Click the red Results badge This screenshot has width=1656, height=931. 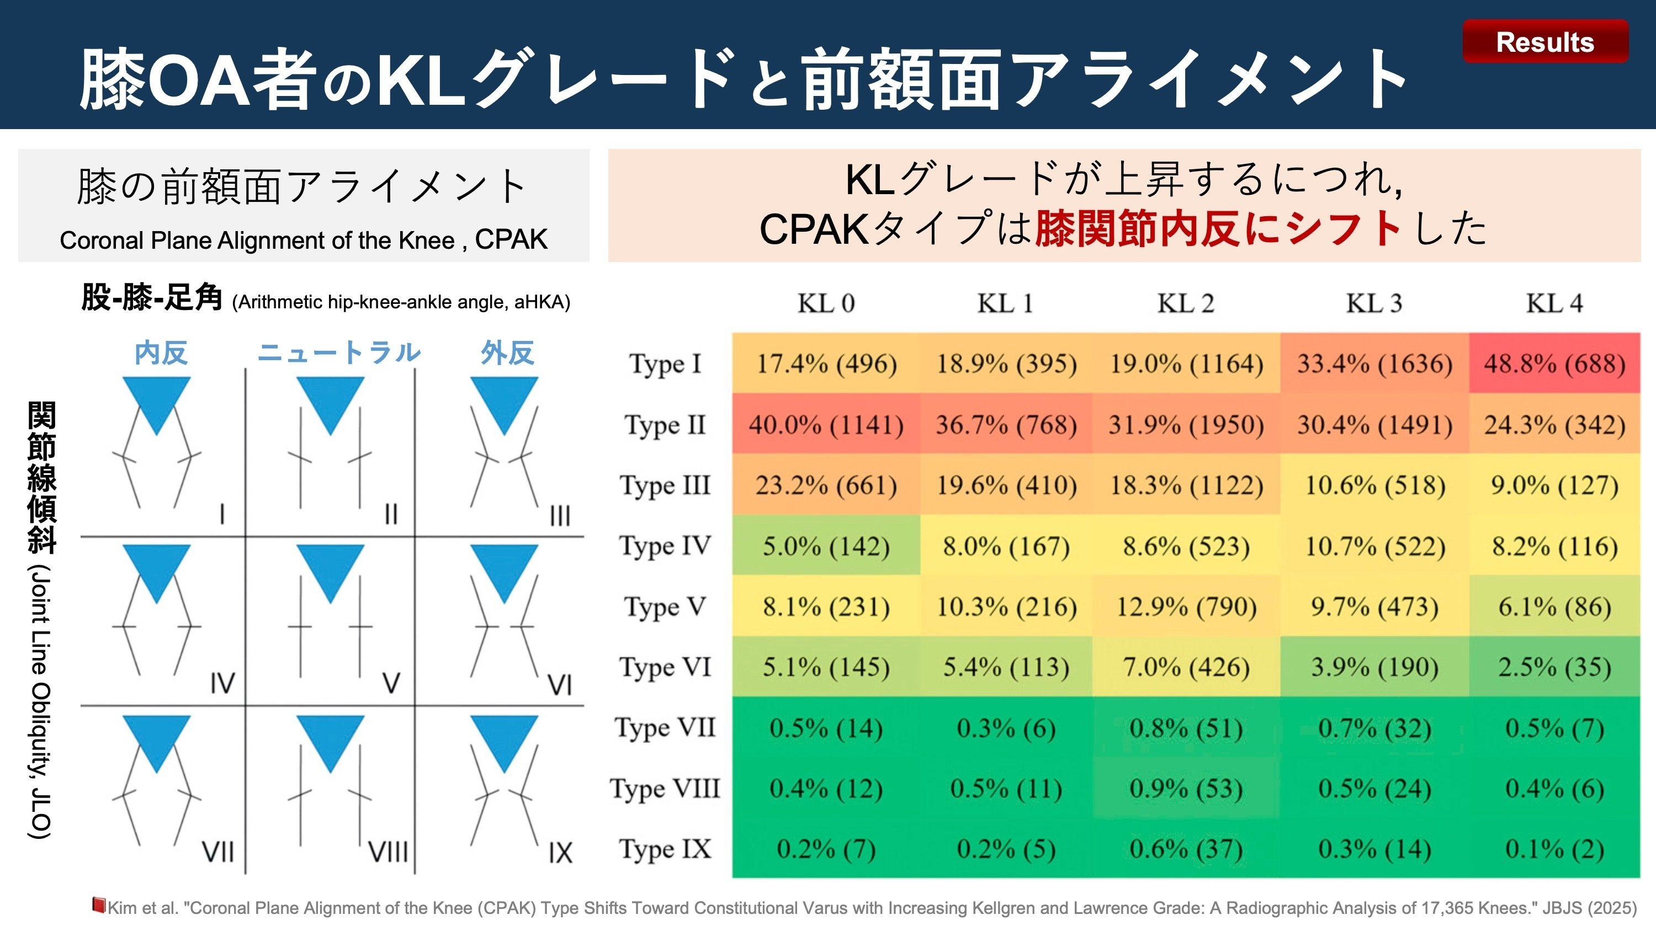[1545, 42]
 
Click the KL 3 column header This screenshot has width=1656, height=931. [1374, 303]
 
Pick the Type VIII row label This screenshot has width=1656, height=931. [665, 788]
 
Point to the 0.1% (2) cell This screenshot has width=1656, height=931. [1554, 849]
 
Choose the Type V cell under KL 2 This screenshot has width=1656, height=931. [1186, 607]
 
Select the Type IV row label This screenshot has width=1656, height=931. [665, 546]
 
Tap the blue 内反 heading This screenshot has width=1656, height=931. [161, 353]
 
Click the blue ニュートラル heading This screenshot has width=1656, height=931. [339, 353]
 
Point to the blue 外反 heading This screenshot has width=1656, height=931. [507, 353]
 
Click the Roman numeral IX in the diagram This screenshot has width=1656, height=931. [560, 853]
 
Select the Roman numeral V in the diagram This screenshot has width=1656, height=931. [391, 683]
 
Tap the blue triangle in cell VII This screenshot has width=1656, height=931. [156, 739]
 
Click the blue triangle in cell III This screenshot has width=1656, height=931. [504, 400]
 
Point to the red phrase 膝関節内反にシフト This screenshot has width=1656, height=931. [1218, 228]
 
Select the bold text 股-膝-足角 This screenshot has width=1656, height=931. [152, 298]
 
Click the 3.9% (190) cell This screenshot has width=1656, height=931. [1374, 667]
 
